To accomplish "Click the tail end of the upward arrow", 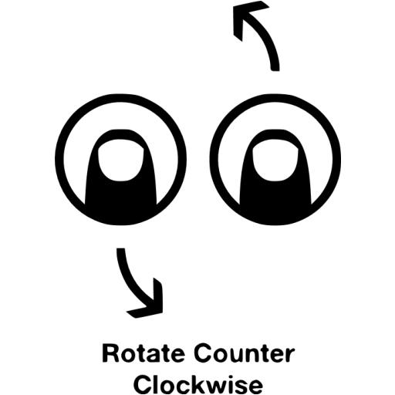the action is (275, 70).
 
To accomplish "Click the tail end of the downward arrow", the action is (121, 248).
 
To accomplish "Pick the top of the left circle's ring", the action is (120, 98).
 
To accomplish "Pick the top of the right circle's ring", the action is (275, 98).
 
